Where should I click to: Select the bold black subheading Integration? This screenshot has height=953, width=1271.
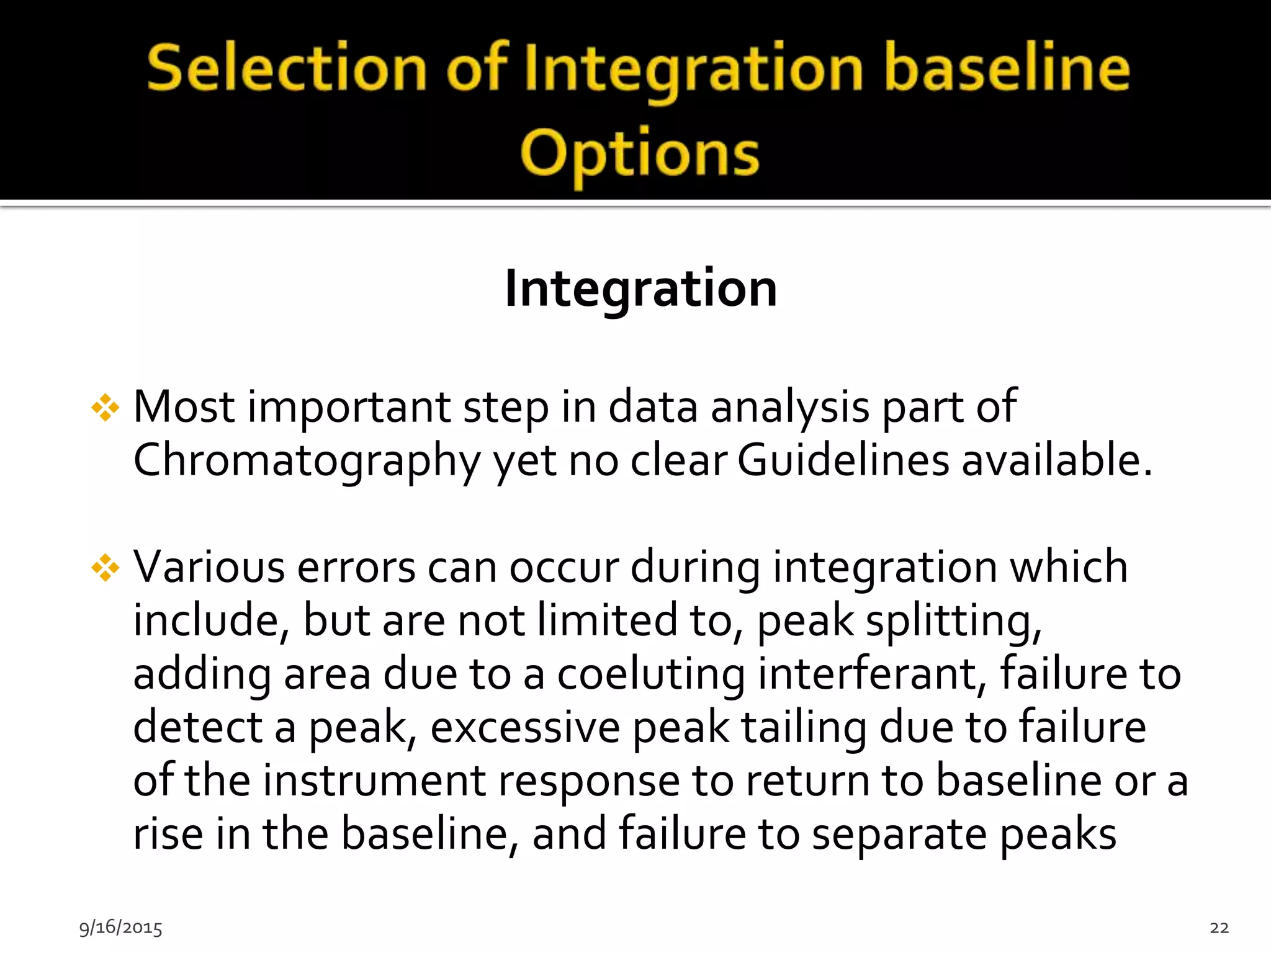pyautogui.click(x=640, y=289)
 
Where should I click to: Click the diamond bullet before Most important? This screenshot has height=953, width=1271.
pyautogui.click(x=106, y=408)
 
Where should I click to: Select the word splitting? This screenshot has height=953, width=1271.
pyautogui.click(x=954, y=621)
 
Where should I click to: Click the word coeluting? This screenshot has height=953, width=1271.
pyautogui.click(x=651, y=674)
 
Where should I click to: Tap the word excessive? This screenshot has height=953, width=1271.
pyautogui.click(x=525, y=727)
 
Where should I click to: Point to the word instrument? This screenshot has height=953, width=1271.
pyautogui.click(x=374, y=781)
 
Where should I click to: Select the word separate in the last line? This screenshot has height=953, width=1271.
pyautogui.click(x=899, y=834)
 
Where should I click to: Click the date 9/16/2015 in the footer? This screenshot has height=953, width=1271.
pyautogui.click(x=120, y=928)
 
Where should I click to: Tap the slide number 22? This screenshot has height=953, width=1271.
pyautogui.click(x=1219, y=928)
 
